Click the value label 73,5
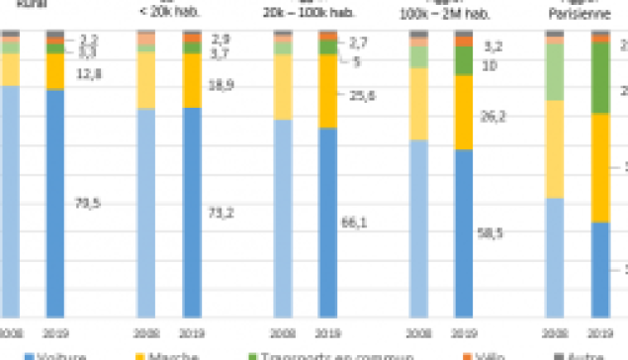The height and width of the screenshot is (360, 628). [x=88, y=204]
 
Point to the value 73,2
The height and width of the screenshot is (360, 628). [x=221, y=213]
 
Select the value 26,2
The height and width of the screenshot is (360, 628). [x=491, y=114]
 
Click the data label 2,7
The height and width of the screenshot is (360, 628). [x=360, y=45]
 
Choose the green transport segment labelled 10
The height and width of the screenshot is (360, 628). [x=463, y=61]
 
